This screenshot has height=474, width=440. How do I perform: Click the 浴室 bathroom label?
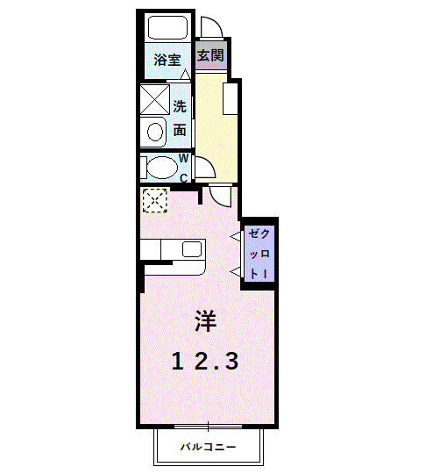coord(167,61)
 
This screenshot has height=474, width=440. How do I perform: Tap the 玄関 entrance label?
coord(209,55)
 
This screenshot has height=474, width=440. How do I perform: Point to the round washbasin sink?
coord(155,133)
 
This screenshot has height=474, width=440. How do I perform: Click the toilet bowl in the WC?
coord(160,167)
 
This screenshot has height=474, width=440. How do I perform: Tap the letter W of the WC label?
coord(184,159)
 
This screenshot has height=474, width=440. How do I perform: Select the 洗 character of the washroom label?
coord(180,107)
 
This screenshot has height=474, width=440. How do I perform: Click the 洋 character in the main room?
coord(205,321)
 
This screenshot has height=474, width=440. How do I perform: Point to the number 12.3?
coord(205,361)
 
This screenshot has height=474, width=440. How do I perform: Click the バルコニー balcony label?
coord(209,447)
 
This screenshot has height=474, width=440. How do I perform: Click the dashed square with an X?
coord(154,200)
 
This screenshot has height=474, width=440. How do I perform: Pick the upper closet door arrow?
coord(237,235)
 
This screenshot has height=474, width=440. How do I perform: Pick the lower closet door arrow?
coord(237,271)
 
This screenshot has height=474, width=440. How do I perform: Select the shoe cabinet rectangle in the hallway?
coord(231,98)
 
